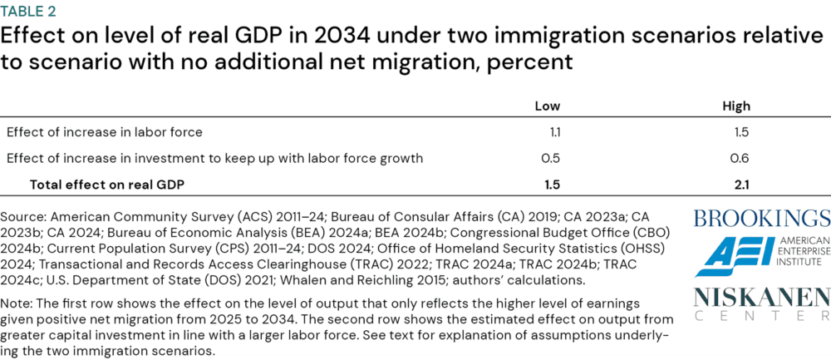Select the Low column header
548,106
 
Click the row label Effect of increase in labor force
105,131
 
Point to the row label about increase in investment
214,158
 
